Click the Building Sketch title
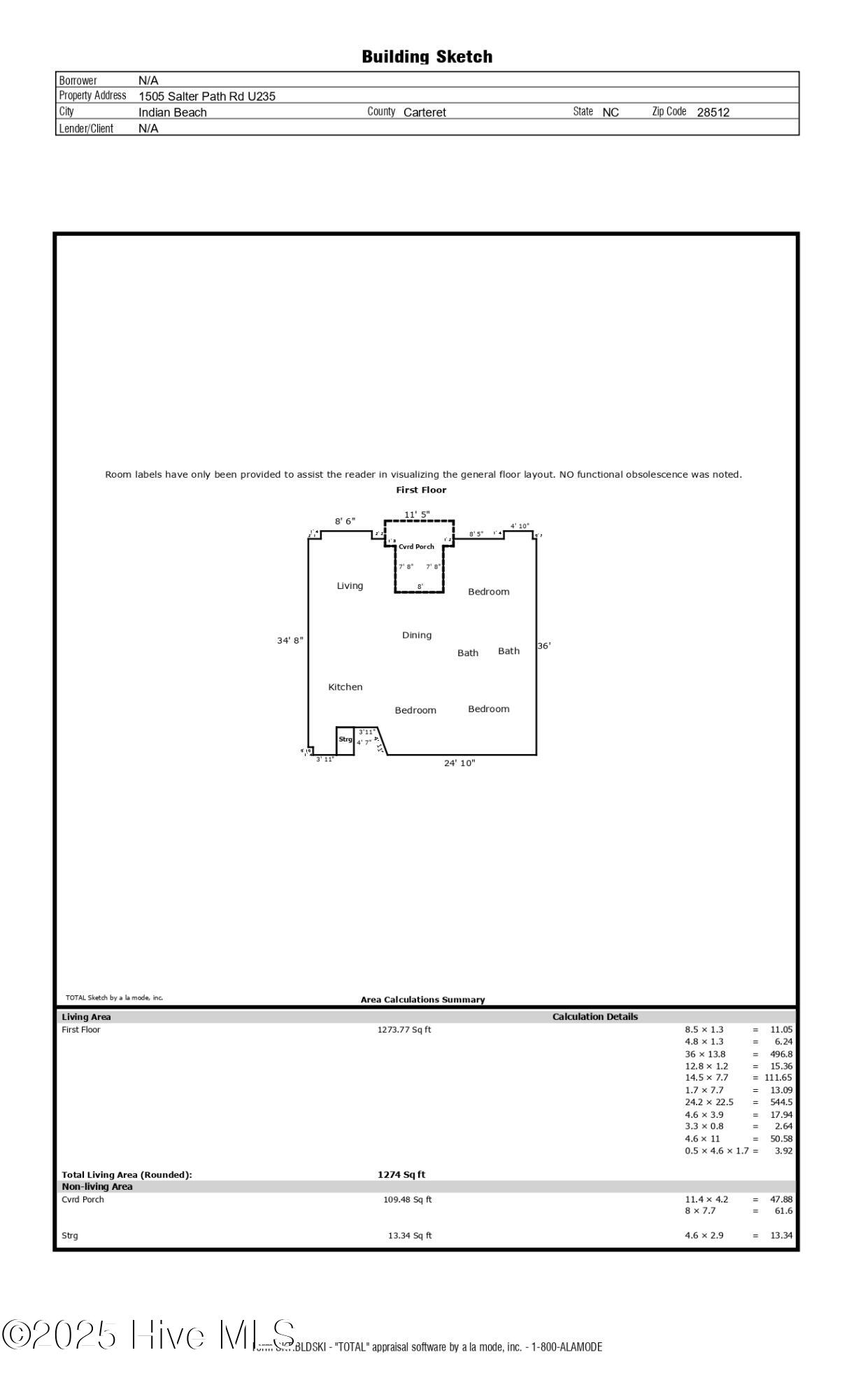click(x=427, y=57)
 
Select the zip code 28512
click(x=713, y=112)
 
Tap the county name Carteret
click(x=424, y=112)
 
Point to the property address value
click(x=206, y=97)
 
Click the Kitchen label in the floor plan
click(x=345, y=687)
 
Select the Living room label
click(x=350, y=585)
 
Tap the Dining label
click(x=417, y=635)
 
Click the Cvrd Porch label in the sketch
click(x=416, y=546)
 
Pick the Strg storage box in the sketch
click(x=345, y=740)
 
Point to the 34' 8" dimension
click(x=290, y=640)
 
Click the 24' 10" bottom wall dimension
click(x=459, y=763)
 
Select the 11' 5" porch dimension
click(x=417, y=515)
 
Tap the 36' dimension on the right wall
click(x=544, y=646)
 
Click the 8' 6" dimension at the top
click(x=345, y=521)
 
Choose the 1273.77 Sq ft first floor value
click(x=404, y=1030)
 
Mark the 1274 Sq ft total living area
click(x=401, y=1174)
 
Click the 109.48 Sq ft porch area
click(x=407, y=1200)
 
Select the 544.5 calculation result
click(x=780, y=1102)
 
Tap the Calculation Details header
click(x=595, y=1017)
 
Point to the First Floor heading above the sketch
click(x=421, y=490)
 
